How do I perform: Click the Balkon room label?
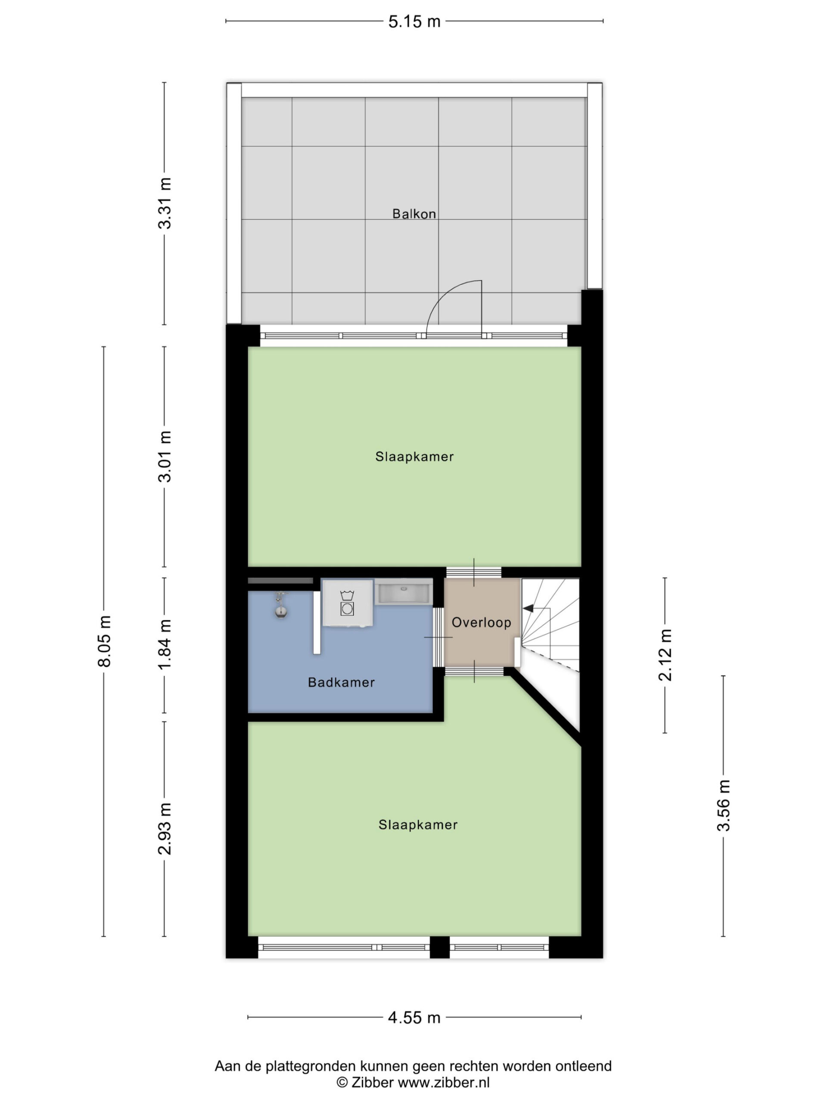point(414,214)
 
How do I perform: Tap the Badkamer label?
point(341,682)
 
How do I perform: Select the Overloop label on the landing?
point(481,622)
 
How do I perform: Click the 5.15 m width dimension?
point(414,22)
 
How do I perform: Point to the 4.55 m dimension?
point(414,1018)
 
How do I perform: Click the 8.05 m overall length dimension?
point(104,641)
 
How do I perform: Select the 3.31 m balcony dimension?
point(165,203)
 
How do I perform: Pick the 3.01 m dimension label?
point(165,456)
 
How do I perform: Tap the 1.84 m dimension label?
point(165,645)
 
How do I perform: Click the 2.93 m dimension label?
point(165,829)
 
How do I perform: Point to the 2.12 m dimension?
point(665,655)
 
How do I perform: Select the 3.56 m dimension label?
point(723,805)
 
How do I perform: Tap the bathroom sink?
point(403,591)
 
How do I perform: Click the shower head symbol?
point(281,606)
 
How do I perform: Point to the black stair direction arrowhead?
point(529,608)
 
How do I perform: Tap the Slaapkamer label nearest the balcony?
point(414,456)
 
